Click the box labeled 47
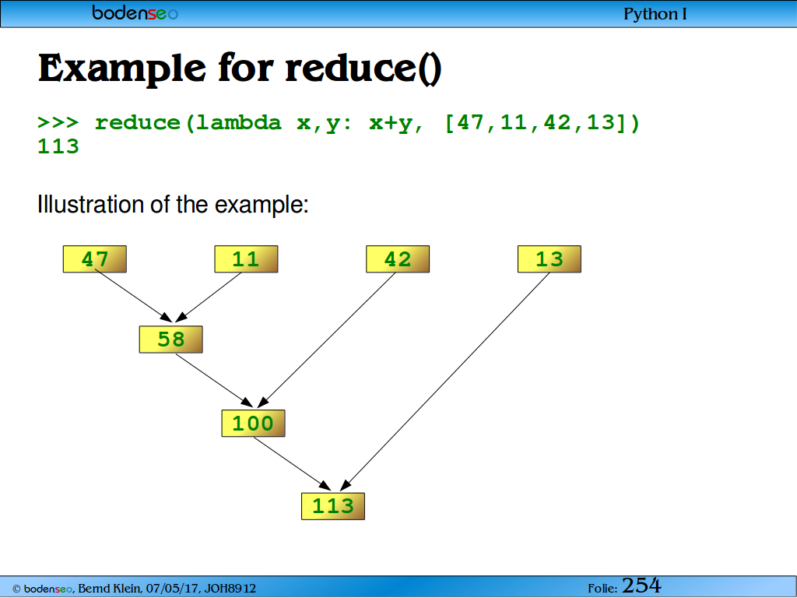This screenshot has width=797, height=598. click(94, 259)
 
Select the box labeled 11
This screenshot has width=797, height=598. click(246, 259)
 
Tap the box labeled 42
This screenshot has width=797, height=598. click(398, 259)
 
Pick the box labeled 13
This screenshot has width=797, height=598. click(549, 259)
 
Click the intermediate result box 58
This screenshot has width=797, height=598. click(170, 339)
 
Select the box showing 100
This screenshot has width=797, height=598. click(253, 423)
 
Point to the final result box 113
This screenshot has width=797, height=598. click(333, 506)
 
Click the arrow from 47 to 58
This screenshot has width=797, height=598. click(134, 297)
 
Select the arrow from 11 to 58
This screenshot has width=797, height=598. click(209, 297)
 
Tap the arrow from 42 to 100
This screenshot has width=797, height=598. click(326, 340)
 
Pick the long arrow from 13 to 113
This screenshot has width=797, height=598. click(444, 382)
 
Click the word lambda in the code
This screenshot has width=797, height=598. click(238, 122)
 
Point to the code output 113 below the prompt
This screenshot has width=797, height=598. click(58, 146)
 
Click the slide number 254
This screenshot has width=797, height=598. click(641, 586)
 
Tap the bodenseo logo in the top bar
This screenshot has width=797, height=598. click(135, 12)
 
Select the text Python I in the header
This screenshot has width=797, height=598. click(655, 14)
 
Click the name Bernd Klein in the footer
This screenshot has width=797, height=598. click(108, 589)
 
